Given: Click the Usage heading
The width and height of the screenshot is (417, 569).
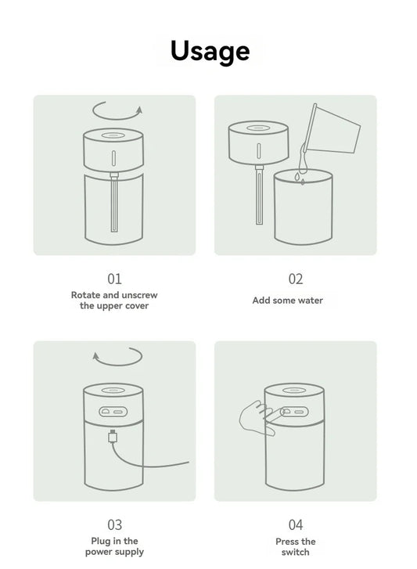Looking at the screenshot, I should pyautogui.click(x=210, y=51).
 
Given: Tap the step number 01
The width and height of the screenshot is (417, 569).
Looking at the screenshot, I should pyautogui.click(x=114, y=279).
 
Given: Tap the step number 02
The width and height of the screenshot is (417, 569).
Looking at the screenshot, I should pyautogui.click(x=295, y=279).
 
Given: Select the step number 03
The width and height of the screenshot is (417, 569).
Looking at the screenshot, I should pyautogui.click(x=114, y=524).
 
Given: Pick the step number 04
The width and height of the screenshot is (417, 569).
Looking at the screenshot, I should pyautogui.click(x=295, y=524).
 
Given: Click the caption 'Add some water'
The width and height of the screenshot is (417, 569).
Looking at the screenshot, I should pyautogui.click(x=287, y=301).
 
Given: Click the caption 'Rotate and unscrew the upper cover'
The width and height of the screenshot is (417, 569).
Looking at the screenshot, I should pyautogui.click(x=114, y=301).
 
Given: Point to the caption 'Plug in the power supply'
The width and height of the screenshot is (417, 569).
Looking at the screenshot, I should pyautogui.click(x=114, y=546).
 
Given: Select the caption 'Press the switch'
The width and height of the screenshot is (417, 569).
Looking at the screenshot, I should pyautogui.click(x=295, y=546).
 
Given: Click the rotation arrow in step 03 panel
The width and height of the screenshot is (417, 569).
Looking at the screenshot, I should pyautogui.click(x=117, y=356).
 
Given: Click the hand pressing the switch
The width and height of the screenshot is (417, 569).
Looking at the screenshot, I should pyautogui.click(x=251, y=416).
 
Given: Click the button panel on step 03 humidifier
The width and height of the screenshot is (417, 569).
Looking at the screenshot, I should pyautogui.click(x=114, y=411).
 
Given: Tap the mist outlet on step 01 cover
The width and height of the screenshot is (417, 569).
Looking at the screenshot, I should pyautogui.click(x=114, y=134).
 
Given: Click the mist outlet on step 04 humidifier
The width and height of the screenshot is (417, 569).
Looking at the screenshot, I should pyautogui.click(x=295, y=389).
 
